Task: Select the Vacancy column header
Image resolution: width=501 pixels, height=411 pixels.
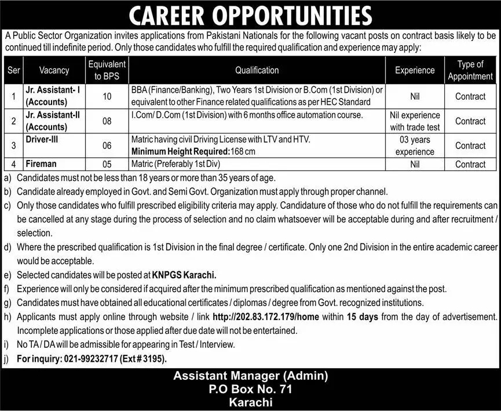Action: pyautogui.click(x=54, y=70)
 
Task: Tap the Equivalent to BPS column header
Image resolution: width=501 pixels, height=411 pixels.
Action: pyautogui.click(x=107, y=70)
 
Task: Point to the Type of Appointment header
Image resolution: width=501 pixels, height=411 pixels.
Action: pyautogui.click(x=470, y=70)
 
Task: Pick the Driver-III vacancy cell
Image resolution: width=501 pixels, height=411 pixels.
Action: pyautogui.click(x=42, y=139)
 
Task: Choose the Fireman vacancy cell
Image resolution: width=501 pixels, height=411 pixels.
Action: pyautogui.click(x=40, y=164)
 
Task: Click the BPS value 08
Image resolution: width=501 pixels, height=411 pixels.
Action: pyautogui.click(x=107, y=121)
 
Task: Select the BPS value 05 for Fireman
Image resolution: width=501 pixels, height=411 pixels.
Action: pyautogui.click(x=107, y=165)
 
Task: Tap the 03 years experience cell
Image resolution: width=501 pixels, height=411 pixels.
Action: pyautogui.click(x=415, y=146)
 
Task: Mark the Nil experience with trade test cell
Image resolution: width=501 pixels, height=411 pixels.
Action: pyautogui.click(x=415, y=121)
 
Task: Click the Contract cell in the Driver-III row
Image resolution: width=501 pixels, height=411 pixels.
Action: pyautogui.click(x=470, y=146)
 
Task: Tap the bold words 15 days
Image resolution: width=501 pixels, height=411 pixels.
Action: pyautogui.click(x=363, y=317)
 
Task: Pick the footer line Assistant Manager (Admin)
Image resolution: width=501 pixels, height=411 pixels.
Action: pyautogui.click(x=250, y=376)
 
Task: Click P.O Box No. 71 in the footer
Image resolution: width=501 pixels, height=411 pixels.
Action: pyautogui.click(x=250, y=390)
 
